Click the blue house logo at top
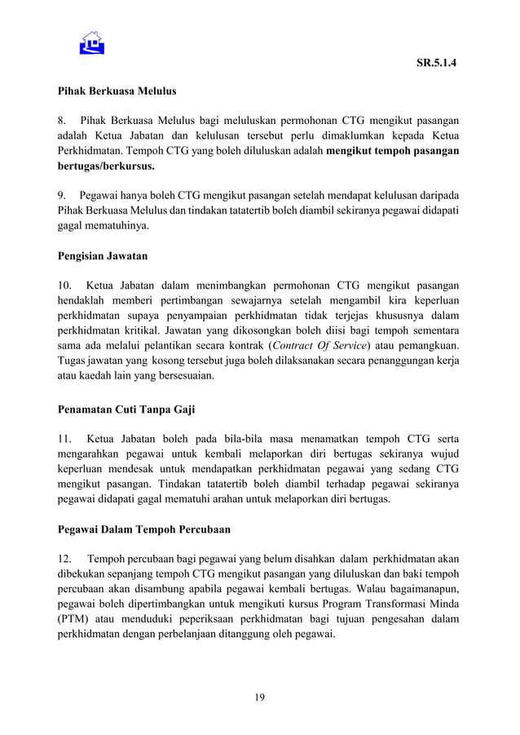[x=92, y=42]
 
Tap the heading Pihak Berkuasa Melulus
[x=117, y=91]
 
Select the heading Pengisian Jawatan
[x=102, y=256]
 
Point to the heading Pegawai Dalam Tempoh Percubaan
[x=143, y=529]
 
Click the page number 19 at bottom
[x=259, y=697]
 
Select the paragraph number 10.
[x=64, y=286]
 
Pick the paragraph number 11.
[x=64, y=439]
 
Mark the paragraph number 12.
[x=64, y=559]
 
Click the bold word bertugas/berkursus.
[x=105, y=166]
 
